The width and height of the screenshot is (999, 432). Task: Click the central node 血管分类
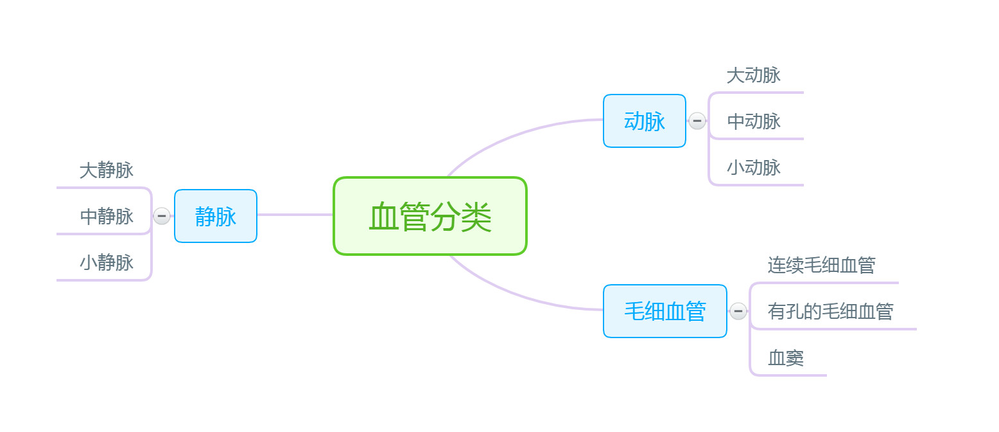430,216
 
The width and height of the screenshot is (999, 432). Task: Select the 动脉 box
644,121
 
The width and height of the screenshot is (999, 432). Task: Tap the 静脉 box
216,216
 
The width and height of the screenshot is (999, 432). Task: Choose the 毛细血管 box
665,311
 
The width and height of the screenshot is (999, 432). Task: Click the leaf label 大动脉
753,75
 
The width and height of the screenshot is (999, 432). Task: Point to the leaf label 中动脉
753,121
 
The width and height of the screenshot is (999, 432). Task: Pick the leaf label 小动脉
753,167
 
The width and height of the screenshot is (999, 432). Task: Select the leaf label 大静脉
107,170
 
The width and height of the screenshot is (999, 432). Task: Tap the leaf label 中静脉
107,216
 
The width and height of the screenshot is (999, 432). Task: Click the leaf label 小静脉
107,262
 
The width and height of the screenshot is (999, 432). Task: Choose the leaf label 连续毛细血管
821,265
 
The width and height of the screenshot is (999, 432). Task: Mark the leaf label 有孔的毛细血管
830,311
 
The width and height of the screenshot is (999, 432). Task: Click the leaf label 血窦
786,357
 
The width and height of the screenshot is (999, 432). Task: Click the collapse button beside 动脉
697,121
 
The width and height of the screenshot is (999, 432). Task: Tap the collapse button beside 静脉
162,216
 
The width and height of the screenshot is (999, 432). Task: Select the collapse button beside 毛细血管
738,311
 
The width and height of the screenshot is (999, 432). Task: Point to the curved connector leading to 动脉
514,136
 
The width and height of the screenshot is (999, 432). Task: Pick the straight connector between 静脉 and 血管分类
295,215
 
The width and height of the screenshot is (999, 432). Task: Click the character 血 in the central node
383,217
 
